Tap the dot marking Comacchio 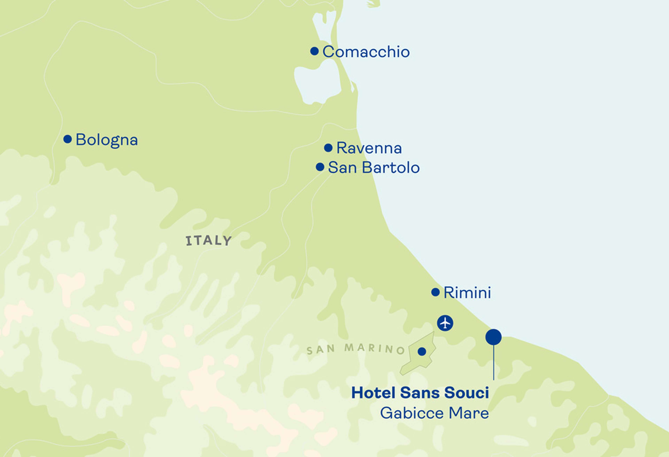(314, 51)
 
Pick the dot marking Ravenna (328, 148)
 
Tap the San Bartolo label (374, 168)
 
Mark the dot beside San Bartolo (320, 167)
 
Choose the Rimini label (467, 293)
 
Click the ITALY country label (208, 241)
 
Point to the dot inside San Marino (422, 351)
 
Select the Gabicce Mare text (434, 413)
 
